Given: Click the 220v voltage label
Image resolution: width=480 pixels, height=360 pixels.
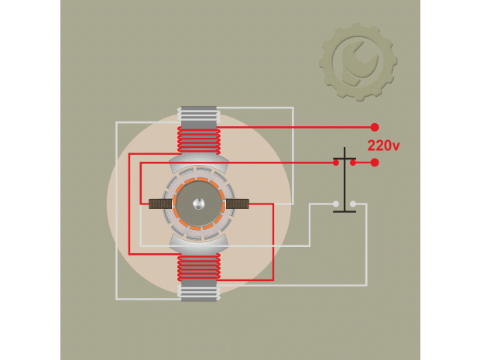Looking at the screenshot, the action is coord(383,146).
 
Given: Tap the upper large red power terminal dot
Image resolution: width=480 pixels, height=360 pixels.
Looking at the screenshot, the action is coord(375,127).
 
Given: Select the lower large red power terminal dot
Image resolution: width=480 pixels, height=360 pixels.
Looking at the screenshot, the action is coord(375,163).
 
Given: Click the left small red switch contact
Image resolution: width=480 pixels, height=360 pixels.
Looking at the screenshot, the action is coord(336,163).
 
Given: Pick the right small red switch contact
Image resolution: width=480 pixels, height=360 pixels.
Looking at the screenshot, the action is coord(353,163).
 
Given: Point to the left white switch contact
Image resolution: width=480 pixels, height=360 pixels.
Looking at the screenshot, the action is coord(336,204).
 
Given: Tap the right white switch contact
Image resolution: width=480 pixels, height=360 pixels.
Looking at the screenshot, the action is coord(353,204).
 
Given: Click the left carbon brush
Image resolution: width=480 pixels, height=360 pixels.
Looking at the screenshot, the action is coord(160,204).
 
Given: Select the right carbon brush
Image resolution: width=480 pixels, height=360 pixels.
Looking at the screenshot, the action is coord(238,204).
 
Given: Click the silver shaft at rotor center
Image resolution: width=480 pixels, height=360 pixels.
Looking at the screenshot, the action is coord(199,204).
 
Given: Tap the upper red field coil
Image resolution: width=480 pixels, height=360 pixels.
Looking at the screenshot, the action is coord(199,141).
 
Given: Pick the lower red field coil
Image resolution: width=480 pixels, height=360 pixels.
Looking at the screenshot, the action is coord(199,267).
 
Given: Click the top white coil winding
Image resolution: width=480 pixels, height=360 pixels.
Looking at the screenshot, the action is coord(199,115).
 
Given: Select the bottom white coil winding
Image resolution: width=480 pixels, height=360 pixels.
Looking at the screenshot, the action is coord(199,293).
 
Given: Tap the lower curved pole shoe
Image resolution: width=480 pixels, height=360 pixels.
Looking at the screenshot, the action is coord(199,245).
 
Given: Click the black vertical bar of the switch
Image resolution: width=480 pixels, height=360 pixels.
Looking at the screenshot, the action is coord(345,179).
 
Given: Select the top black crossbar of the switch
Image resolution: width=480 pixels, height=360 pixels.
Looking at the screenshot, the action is coord(345,159).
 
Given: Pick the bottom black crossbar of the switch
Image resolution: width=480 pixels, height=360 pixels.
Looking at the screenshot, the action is coord(345,211).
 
